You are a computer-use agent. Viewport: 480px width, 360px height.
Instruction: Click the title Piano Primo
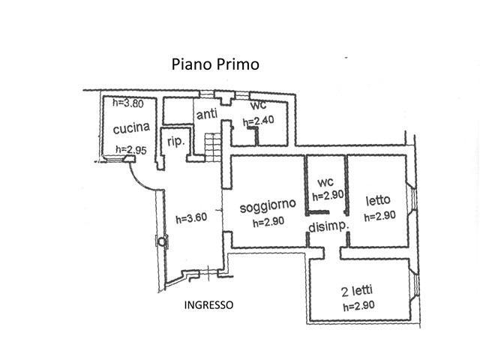click(215, 64)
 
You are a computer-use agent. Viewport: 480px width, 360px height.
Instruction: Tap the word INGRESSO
click(208, 304)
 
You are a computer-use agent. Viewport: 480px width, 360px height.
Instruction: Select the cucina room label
click(131, 129)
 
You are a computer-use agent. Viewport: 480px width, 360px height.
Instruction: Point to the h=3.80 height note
click(126, 103)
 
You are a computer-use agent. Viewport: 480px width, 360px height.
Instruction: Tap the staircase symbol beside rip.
click(214, 146)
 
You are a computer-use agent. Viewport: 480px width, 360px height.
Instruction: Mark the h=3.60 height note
click(190, 219)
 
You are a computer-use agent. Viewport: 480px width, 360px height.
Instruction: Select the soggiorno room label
click(268, 205)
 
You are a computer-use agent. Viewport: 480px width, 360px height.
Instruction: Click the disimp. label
click(325, 228)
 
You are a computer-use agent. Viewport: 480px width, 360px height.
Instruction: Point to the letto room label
click(378, 201)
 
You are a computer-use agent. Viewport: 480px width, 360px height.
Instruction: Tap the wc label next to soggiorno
click(325, 183)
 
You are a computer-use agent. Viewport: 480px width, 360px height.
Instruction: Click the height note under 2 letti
click(358, 305)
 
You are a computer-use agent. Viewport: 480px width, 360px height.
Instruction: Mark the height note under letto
click(379, 217)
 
